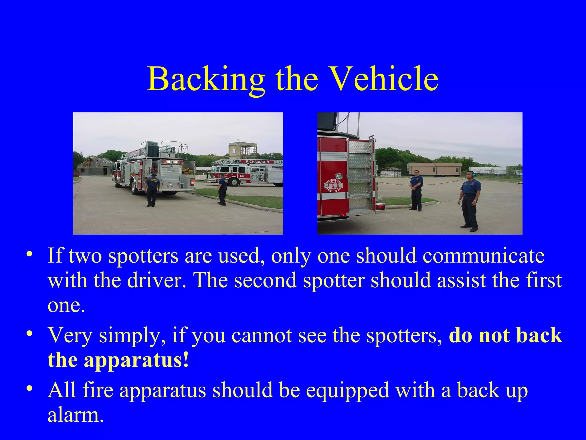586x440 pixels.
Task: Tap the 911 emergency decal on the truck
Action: click(x=333, y=186)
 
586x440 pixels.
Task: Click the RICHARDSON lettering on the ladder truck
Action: click(x=257, y=162)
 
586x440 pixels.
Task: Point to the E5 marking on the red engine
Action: click(x=242, y=176)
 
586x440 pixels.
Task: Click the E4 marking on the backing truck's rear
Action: click(x=171, y=171)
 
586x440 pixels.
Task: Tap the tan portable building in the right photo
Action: click(x=434, y=170)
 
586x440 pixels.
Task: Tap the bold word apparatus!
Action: click(x=136, y=360)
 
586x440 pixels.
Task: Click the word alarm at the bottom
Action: click(x=75, y=415)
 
